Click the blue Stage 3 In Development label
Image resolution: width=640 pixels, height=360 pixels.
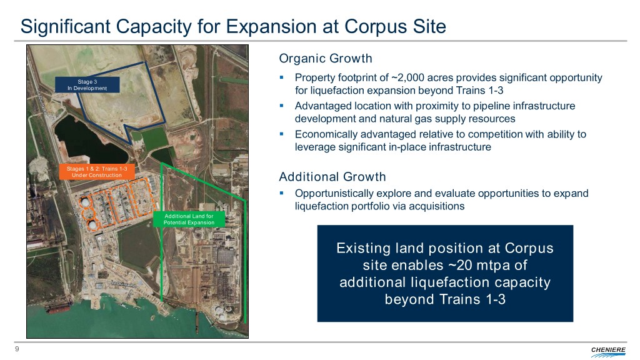click(x=87, y=85)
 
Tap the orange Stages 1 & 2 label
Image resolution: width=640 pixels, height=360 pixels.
click(x=97, y=172)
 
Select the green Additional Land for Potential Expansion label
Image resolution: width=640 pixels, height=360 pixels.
click(x=189, y=219)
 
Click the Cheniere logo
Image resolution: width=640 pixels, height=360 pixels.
click(x=608, y=351)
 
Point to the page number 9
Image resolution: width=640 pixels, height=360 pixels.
click(x=17, y=349)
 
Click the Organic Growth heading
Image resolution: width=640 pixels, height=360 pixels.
click(x=325, y=58)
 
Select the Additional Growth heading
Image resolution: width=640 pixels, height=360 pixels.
click(x=332, y=177)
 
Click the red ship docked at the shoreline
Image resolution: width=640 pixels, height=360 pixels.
click(x=58, y=307)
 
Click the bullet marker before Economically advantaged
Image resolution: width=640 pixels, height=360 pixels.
click(x=282, y=134)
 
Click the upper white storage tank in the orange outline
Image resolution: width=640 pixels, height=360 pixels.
click(x=85, y=202)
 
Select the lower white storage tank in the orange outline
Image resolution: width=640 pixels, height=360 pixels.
click(x=92, y=224)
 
